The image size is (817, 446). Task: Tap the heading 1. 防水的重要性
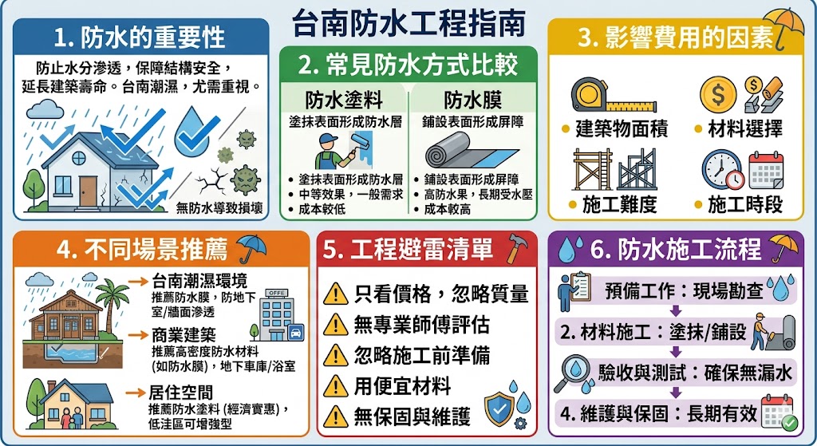pyautogui.click(x=140, y=37)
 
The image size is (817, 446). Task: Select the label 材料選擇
pyautogui.click(x=745, y=128)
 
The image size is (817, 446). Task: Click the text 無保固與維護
pyautogui.click(x=412, y=416)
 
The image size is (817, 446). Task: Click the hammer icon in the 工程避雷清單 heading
pyautogui.click(x=515, y=247)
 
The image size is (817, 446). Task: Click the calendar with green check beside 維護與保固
pyautogui.click(x=776, y=412)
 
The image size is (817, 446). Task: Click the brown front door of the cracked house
pyautogui.click(x=88, y=191)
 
